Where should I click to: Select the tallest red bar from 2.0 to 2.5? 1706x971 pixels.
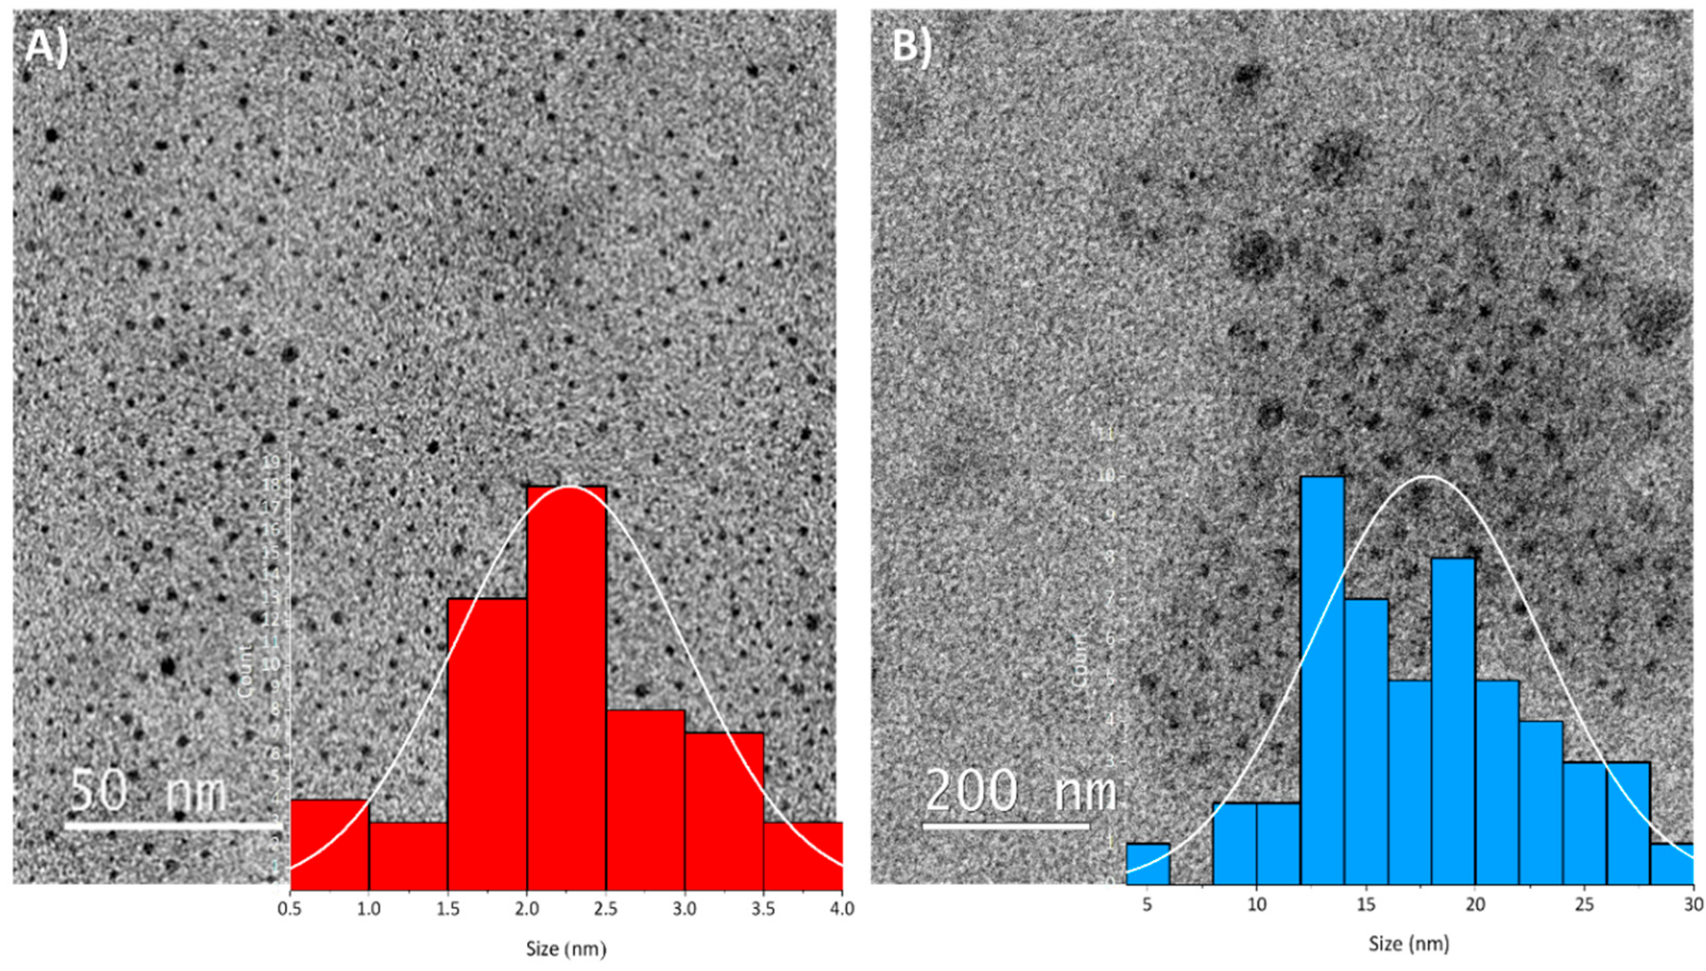pos(567,687)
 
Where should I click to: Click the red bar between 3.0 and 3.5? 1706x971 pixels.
pos(724,810)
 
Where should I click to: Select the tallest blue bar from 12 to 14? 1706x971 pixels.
pos(1322,680)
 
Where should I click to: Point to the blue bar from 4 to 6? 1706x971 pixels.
pos(1147,864)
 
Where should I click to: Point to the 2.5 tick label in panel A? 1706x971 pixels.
pos(606,908)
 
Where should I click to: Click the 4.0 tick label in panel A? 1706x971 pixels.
pos(842,908)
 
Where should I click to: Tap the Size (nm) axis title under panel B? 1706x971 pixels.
pos(1409,943)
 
